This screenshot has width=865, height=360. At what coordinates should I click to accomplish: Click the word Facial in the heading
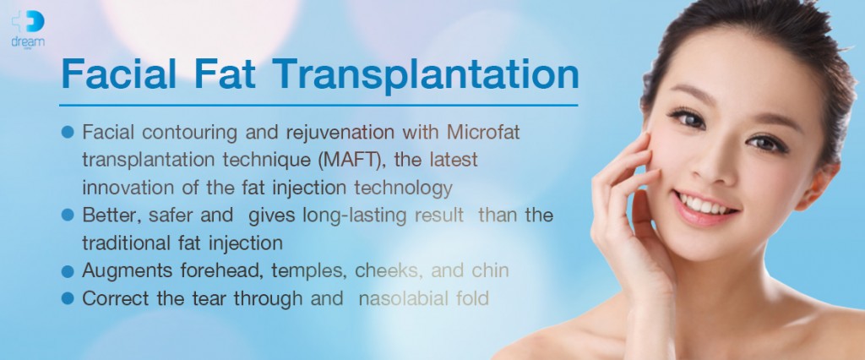click(x=119, y=74)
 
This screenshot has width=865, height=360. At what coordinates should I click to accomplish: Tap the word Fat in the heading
click(x=225, y=74)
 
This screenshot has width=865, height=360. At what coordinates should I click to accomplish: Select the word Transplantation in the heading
click(x=426, y=76)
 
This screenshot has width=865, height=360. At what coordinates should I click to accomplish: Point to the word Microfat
click(x=483, y=133)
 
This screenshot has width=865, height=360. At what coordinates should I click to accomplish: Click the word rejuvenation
click(x=340, y=134)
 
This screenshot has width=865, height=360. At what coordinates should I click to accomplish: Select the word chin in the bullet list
click(x=490, y=271)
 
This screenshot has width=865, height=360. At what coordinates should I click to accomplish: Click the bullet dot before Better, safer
click(x=68, y=215)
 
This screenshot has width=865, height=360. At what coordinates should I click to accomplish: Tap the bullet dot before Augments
click(x=68, y=271)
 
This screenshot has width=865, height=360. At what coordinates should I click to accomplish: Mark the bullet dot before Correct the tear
click(x=68, y=298)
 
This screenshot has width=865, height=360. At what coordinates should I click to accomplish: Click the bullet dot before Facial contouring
click(x=68, y=133)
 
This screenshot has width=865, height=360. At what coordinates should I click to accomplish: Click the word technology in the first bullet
click(x=403, y=188)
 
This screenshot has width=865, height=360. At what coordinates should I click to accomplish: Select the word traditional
click(x=125, y=243)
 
